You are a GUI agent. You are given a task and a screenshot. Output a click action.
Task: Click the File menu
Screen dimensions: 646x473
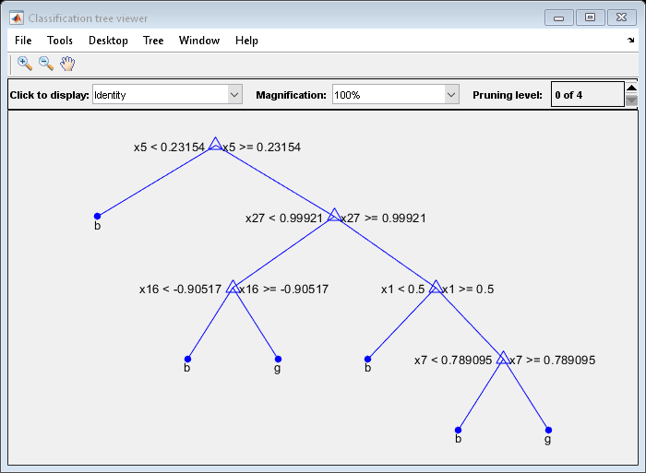point(23,41)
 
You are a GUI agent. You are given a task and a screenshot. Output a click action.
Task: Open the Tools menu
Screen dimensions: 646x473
point(60,41)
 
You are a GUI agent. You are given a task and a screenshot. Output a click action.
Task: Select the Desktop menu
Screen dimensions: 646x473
point(108,41)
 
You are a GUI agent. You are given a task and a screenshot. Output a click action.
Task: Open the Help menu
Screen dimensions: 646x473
point(246,41)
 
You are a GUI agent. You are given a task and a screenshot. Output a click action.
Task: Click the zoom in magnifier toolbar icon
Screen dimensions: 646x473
point(25,64)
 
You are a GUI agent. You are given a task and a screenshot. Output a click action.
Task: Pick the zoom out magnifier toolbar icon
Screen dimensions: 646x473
point(45,64)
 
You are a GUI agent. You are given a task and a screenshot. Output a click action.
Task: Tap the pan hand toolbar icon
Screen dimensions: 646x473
point(67,64)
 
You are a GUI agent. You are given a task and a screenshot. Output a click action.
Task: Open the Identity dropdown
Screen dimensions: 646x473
point(166,95)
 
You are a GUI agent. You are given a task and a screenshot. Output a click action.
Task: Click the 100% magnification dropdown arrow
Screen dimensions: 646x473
point(451,95)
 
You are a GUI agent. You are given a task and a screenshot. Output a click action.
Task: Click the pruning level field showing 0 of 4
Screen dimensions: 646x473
point(586,95)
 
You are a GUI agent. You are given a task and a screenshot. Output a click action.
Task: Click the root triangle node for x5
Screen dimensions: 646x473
point(215,145)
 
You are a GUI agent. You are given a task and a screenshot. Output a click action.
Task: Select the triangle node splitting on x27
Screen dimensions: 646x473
point(334,216)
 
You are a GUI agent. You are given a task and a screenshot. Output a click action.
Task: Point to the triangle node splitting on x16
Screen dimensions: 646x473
point(233,288)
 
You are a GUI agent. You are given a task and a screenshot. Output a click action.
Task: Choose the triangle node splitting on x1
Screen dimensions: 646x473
point(435,288)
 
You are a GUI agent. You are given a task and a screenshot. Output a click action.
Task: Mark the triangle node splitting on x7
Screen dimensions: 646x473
point(503,358)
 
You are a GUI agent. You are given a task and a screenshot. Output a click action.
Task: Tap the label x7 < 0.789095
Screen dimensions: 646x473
point(453,361)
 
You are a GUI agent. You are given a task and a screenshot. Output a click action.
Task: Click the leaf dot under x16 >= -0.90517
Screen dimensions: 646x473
point(278,359)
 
